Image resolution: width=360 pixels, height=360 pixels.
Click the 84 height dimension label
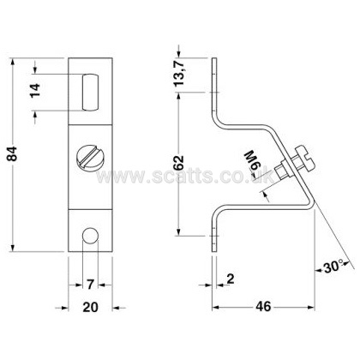click(13, 153)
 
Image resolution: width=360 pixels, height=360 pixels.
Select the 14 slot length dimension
click(35, 90)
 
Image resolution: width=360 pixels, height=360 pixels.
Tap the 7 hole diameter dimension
click(90, 285)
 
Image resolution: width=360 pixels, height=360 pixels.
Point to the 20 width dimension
click(90, 308)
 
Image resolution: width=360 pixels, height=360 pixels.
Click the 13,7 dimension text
click(179, 73)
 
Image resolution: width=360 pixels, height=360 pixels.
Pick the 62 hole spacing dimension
click(179, 163)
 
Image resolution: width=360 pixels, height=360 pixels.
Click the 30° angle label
click(333, 267)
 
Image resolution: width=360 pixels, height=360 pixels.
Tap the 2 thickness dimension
click(231, 279)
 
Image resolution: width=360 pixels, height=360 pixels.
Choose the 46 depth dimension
click(263, 307)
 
